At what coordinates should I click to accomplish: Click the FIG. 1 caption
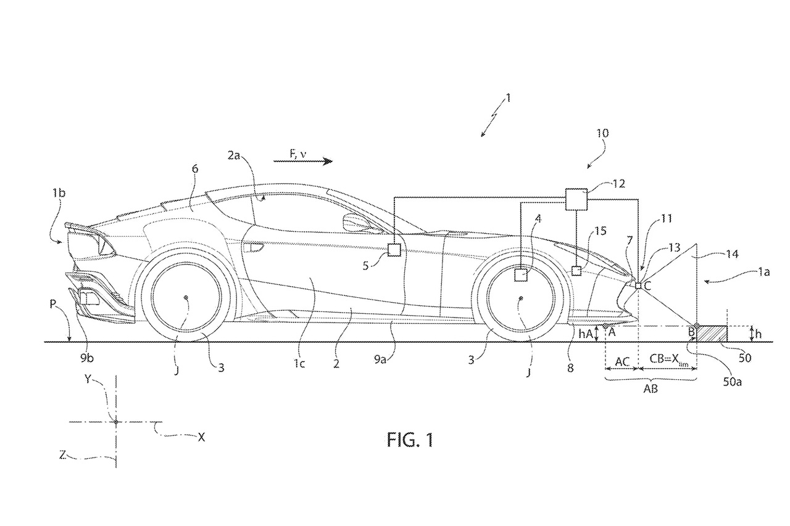pyautogui.click(x=410, y=440)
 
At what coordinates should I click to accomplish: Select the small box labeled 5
pyautogui.click(x=394, y=249)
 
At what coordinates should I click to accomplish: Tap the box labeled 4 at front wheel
pyautogui.click(x=521, y=274)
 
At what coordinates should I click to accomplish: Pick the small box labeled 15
pyautogui.click(x=576, y=270)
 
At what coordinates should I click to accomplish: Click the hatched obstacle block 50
pyautogui.click(x=712, y=333)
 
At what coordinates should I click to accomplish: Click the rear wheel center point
pyautogui.click(x=185, y=298)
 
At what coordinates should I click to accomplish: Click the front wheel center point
pyautogui.click(x=520, y=298)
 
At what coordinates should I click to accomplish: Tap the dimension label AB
pyautogui.click(x=650, y=390)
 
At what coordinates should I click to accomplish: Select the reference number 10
pyautogui.click(x=602, y=133)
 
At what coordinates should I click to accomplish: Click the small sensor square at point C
pyautogui.click(x=639, y=285)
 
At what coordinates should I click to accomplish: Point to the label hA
pyautogui.click(x=586, y=333)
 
